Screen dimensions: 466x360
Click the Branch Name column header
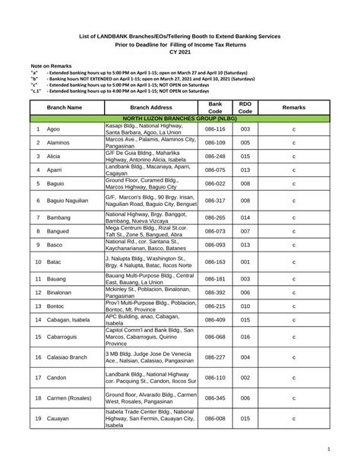pyautogui.click(x=65, y=108)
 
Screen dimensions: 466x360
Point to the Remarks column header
pyautogui.click(x=293, y=108)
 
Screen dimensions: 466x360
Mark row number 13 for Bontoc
pyautogui.click(x=38, y=305)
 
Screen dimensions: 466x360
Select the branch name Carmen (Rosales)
pyautogui.click(x=72, y=398)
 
